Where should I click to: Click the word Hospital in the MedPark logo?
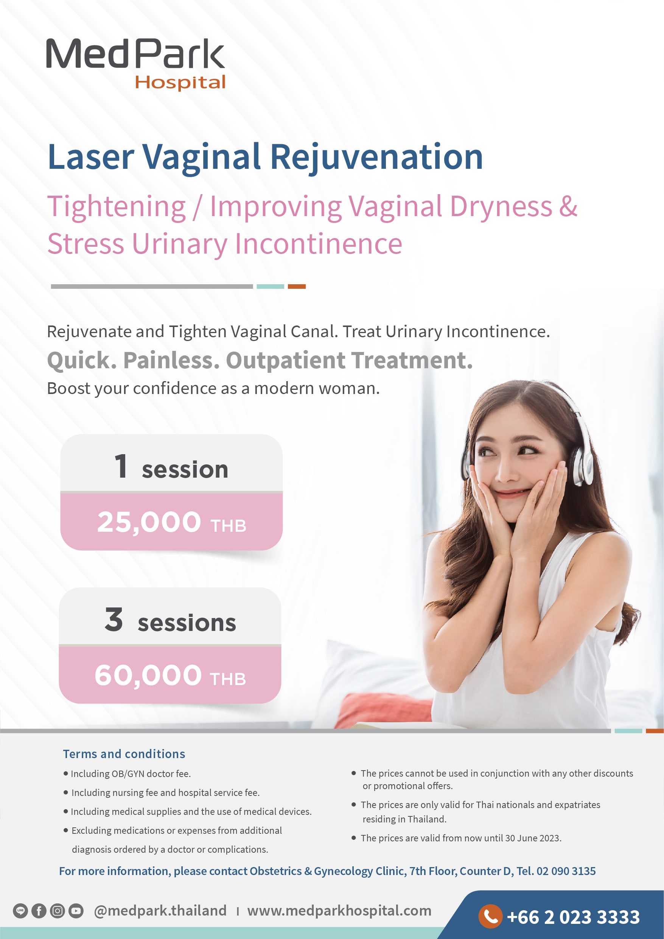click(x=180, y=83)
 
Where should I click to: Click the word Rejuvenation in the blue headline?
click(x=376, y=157)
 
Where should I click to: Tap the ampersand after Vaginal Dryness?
click(x=568, y=206)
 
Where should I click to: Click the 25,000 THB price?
click(x=171, y=523)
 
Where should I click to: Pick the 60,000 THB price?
click(x=170, y=676)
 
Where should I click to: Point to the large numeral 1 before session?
click(x=121, y=466)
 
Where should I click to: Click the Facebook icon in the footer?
click(x=39, y=911)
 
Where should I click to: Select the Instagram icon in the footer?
click(x=57, y=911)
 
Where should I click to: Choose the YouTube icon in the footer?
click(x=76, y=911)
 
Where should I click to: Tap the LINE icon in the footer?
click(x=20, y=911)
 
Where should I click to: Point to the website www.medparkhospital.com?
click(x=339, y=911)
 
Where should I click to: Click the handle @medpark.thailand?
click(x=160, y=911)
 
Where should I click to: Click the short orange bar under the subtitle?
click(x=297, y=287)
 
